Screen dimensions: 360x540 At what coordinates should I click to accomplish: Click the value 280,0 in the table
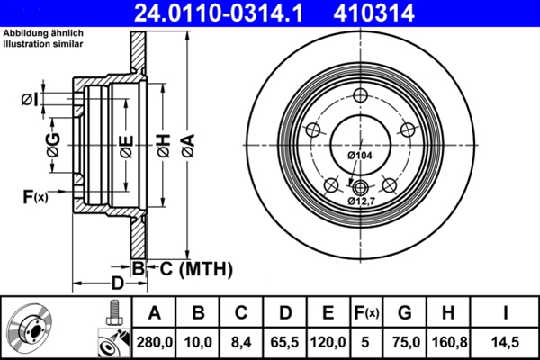point(154,341)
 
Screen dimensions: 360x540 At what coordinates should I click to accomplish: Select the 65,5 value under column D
point(284,341)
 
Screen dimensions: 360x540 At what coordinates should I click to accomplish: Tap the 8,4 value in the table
point(240,341)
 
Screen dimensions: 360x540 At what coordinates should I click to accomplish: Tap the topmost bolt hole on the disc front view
point(361,97)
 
